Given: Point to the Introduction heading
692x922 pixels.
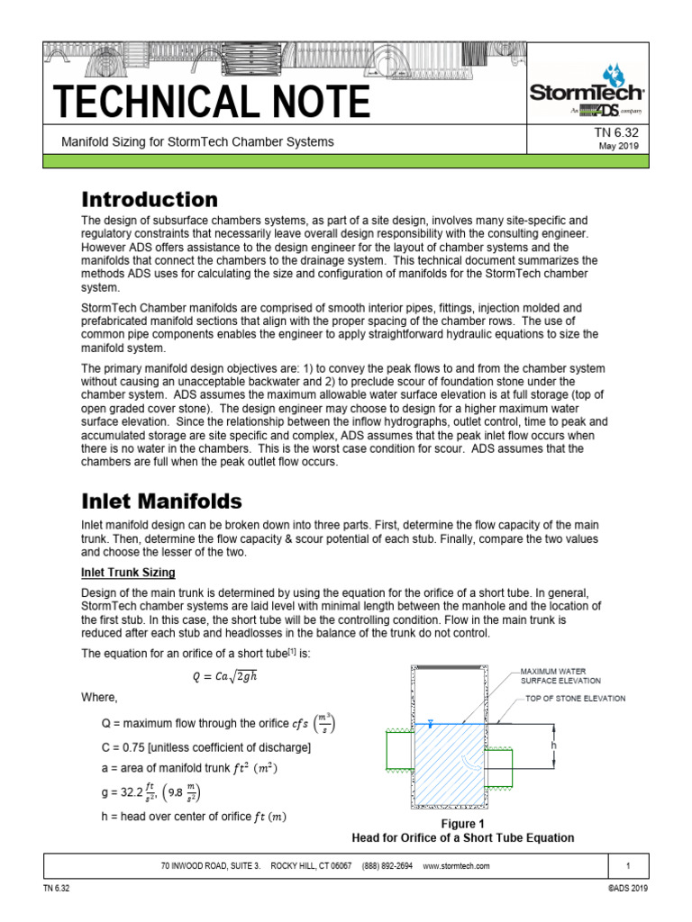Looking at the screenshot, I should [150, 199].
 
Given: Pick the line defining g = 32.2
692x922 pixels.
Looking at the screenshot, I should [151, 793].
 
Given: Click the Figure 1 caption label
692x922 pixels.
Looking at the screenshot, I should [462, 823].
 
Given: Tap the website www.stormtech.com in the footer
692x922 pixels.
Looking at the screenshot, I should [455, 866].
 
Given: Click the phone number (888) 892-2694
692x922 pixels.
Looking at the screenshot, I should [387, 866].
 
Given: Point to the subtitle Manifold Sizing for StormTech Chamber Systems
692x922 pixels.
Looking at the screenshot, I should [196, 142].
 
